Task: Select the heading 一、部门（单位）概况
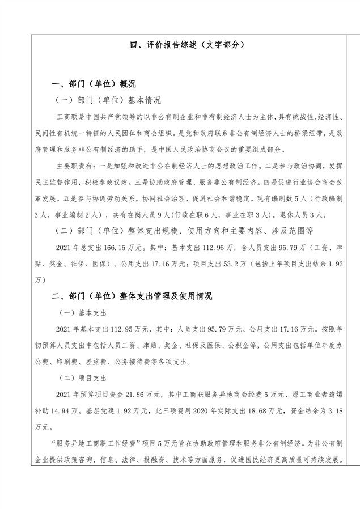pyautogui.click(x=94, y=84)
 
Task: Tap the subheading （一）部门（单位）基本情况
pyautogui.click(x=108, y=100)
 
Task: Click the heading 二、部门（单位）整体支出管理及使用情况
pyautogui.click(x=132, y=296)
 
